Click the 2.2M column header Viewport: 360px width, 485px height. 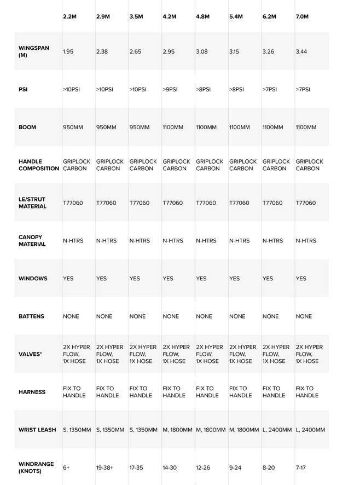[69, 16]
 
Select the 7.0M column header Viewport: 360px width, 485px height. [302, 16]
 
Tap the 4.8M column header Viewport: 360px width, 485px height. [202, 16]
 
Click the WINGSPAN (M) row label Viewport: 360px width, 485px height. [34, 51]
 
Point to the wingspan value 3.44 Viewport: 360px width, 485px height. [301, 51]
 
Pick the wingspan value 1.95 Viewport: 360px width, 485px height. [68, 51]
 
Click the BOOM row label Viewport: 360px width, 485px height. [27, 127]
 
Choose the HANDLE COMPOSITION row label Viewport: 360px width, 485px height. [38, 165]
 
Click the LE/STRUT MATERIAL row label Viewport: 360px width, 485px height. [33, 203]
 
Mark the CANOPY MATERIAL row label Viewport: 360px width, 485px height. [32, 240]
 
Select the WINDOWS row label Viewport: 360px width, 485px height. [33, 278]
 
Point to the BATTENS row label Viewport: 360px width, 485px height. [31, 316]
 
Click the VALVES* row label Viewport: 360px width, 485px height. [30, 354]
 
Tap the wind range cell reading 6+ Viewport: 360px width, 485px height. [66, 467]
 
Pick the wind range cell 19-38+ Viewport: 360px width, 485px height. [105, 467]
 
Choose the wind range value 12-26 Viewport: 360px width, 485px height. [204, 467]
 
